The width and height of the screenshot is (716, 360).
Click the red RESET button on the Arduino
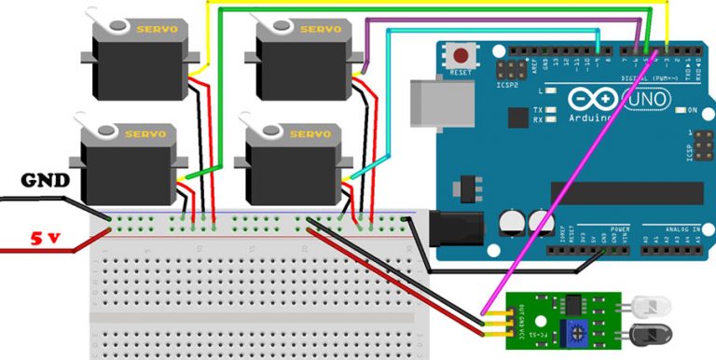[x=459, y=54]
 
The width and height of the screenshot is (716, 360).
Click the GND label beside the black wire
[x=45, y=179]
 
